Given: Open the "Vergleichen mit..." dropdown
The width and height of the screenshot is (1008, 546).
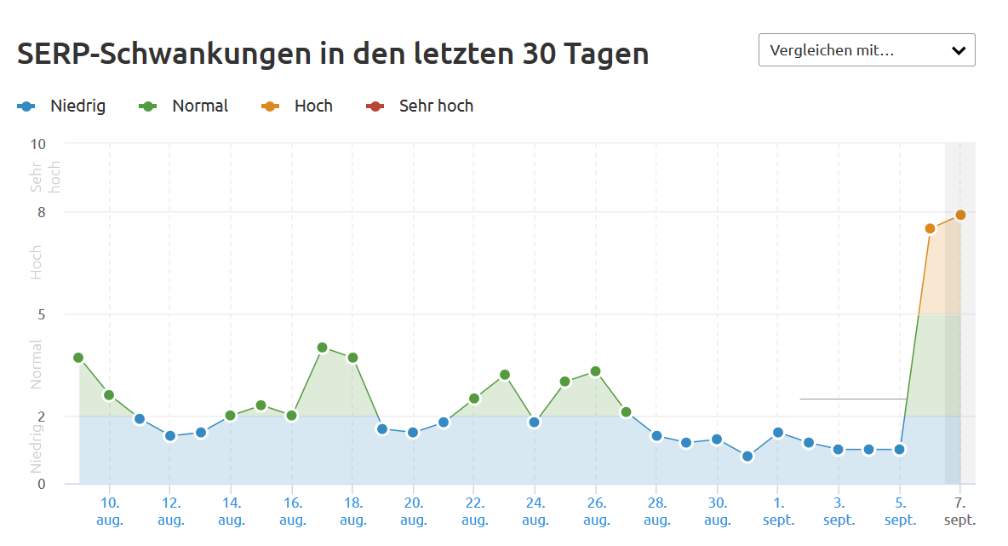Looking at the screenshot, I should (866, 50).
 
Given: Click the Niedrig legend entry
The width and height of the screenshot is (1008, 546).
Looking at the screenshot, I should (61, 106).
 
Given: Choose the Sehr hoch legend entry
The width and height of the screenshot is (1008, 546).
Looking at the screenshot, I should (421, 106).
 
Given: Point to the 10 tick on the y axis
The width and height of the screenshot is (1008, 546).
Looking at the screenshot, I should (37, 143).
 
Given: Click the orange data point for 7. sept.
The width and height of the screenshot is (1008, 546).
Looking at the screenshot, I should (960, 215).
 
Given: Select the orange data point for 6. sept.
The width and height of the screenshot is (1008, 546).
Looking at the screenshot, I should (930, 228).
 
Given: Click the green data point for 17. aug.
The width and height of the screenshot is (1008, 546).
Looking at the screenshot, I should (322, 348).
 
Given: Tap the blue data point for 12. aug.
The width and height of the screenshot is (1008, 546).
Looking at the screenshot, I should (170, 436).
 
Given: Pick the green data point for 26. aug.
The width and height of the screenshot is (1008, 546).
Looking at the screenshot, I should (595, 371).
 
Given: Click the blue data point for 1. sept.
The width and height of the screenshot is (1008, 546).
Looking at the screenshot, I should (778, 433).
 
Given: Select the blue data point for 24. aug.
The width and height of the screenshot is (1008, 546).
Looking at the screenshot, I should (535, 422).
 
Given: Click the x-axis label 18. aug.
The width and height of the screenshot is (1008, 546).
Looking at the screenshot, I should (352, 510).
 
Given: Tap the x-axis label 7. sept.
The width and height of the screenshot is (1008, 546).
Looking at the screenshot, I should (960, 510).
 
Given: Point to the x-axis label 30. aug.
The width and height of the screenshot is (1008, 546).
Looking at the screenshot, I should (718, 510).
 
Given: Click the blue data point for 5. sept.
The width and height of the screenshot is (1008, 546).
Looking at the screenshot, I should (899, 450).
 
